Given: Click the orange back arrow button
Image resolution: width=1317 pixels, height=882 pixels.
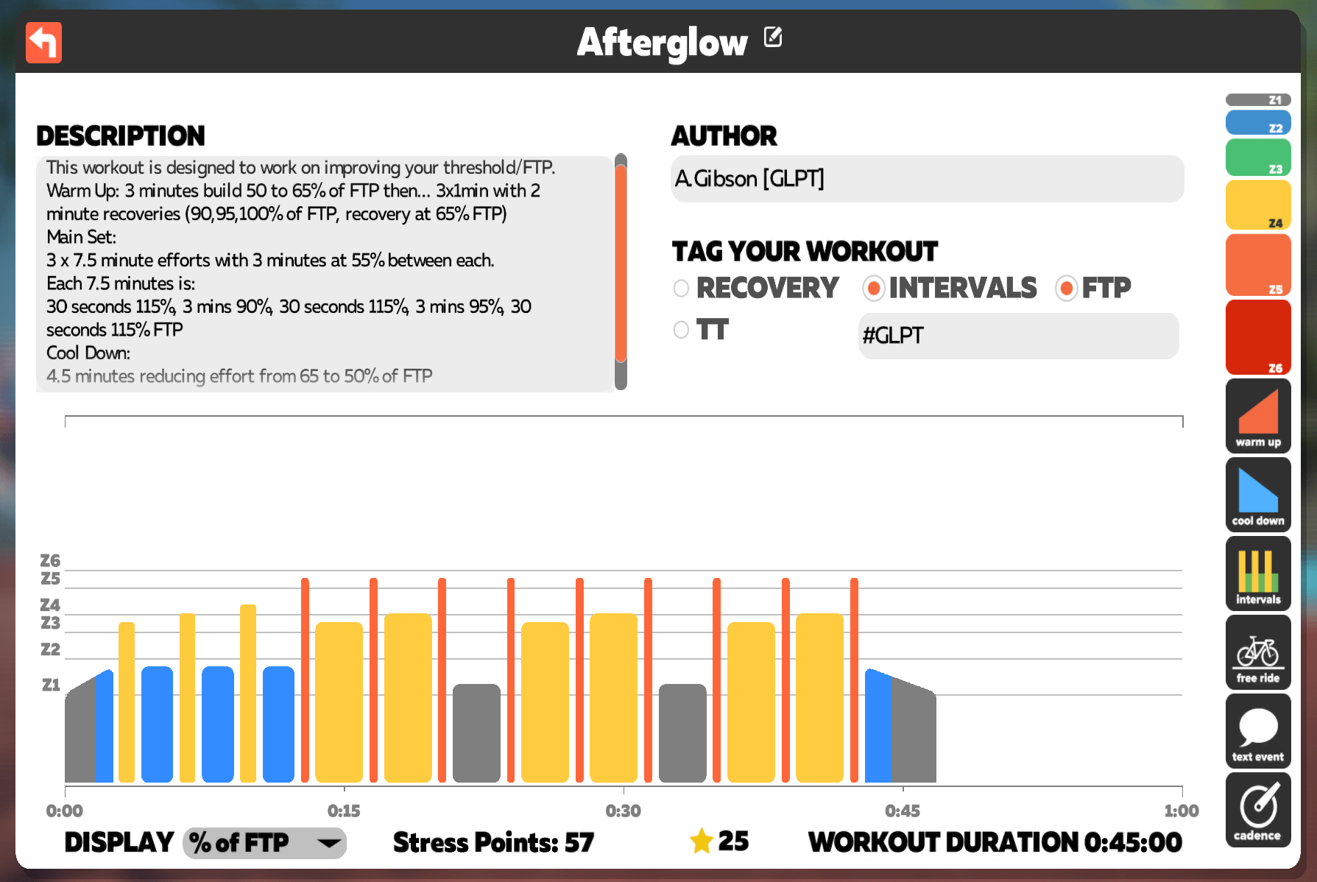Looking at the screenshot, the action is [43, 43].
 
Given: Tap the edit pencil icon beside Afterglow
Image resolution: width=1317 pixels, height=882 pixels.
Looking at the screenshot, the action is [773, 36].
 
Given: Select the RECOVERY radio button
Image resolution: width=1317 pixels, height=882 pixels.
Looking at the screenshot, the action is [681, 288].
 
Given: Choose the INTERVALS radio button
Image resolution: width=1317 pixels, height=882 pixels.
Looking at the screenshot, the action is [873, 288].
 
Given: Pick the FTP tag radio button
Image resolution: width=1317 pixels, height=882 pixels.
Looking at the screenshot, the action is [1066, 288].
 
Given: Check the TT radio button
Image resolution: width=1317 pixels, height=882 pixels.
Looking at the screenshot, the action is [681, 330].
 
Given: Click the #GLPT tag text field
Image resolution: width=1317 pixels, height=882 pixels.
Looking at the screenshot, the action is [1018, 336].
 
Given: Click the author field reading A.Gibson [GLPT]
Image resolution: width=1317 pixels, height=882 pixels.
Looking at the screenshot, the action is [927, 179].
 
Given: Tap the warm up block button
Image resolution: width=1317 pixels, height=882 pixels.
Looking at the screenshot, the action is [1258, 416].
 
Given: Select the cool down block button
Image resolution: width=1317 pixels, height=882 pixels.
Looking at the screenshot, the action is [1258, 495].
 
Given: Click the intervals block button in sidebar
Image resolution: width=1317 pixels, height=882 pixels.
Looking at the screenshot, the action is [1258, 574].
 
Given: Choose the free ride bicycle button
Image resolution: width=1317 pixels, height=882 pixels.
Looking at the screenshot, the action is [1258, 652].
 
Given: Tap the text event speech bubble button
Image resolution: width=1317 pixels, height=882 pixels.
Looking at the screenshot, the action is [1258, 731].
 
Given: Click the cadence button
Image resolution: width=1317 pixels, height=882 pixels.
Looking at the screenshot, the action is [1258, 810].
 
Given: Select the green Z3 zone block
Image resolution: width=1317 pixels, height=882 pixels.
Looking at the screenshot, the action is [1258, 158].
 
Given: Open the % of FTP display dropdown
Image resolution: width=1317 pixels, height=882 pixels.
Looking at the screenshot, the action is [264, 842].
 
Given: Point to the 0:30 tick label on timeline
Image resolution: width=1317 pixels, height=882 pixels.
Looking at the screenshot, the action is [623, 811].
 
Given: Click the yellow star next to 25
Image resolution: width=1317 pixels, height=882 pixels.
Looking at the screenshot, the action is [702, 841].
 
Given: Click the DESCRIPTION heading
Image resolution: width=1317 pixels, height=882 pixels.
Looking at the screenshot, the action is [121, 136].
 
